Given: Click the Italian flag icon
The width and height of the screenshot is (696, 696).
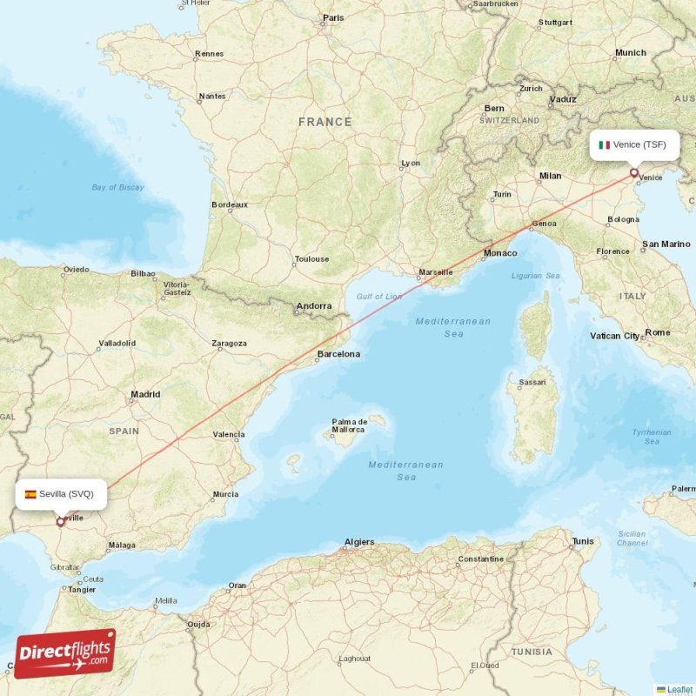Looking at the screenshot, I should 604,144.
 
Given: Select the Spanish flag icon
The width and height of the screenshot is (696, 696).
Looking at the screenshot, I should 30,493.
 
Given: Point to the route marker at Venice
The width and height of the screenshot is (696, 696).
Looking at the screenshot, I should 634,172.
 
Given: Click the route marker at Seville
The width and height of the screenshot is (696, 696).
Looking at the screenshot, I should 60,522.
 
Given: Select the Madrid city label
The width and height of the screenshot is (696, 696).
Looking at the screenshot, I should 145,394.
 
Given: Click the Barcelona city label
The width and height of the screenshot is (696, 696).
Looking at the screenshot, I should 338,354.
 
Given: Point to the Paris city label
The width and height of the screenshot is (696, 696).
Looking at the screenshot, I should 332,17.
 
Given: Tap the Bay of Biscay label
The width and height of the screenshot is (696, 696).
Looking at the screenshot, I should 117,187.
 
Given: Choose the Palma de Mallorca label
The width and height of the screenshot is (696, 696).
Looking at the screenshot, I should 348,425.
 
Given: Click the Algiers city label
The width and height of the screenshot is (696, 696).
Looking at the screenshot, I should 358,542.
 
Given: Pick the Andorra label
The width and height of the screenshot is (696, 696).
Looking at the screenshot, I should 314,306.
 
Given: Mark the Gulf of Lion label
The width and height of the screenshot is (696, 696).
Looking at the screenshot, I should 379,297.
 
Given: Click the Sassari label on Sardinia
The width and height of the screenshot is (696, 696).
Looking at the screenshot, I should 532,382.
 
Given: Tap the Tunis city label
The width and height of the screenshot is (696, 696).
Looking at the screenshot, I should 583,542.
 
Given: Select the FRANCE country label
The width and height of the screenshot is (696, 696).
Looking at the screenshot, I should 325,123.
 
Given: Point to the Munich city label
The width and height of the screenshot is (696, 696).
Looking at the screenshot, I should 630,53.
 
